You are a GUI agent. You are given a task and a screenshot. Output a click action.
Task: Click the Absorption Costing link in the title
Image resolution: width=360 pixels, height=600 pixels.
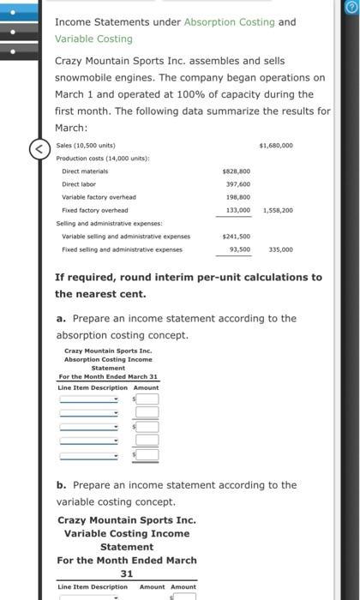pyautogui.click(x=227, y=21)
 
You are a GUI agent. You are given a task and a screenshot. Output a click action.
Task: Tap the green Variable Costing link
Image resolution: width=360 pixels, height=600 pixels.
pyautogui.click(x=93, y=39)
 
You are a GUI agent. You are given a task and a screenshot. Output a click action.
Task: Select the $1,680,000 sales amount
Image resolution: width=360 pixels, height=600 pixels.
pyautogui.click(x=275, y=146)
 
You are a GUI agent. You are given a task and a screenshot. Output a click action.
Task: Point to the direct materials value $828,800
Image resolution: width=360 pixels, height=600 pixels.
pyautogui.click(x=236, y=171)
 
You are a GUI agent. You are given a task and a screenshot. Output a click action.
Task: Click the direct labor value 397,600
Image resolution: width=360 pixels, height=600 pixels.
pyautogui.click(x=237, y=184)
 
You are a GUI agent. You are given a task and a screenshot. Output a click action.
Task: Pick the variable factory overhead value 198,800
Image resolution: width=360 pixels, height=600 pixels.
pyautogui.click(x=237, y=197)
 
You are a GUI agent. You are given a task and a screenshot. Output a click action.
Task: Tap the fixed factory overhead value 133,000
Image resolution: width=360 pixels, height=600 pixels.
pyautogui.click(x=237, y=210)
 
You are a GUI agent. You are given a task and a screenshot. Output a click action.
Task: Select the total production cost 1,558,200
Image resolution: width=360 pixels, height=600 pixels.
pyautogui.click(x=276, y=210)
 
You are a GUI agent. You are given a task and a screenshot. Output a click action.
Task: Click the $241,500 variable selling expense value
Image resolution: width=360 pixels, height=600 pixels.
pyautogui.click(x=236, y=236)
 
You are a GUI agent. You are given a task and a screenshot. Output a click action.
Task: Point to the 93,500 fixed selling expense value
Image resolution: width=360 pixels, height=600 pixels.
pyautogui.click(x=239, y=249)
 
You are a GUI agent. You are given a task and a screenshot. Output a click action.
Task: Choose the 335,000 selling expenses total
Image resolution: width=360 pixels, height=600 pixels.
pyautogui.click(x=280, y=249)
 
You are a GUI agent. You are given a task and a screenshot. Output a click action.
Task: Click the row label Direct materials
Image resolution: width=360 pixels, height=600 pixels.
pyautogui.click(x=82, y=171)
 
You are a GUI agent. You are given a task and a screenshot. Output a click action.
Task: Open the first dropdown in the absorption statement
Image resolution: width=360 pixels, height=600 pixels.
pyautogui.click(x=89, y=399)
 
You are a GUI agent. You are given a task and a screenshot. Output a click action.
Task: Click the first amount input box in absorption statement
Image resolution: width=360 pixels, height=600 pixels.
pyautogui.click(x=147, y=399)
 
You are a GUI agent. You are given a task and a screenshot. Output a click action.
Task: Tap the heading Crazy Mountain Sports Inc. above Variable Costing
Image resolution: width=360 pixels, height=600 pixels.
pyautogui.click(x=127, y=520)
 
